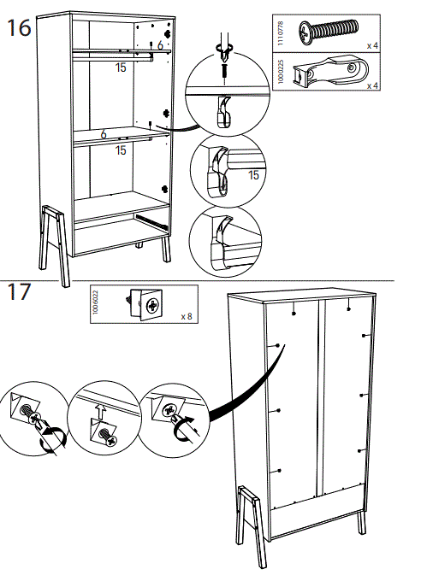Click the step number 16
pos(19,28)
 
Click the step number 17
pos(19,293)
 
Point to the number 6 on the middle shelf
pos(104,134)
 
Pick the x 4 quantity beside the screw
pos(374,45)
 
